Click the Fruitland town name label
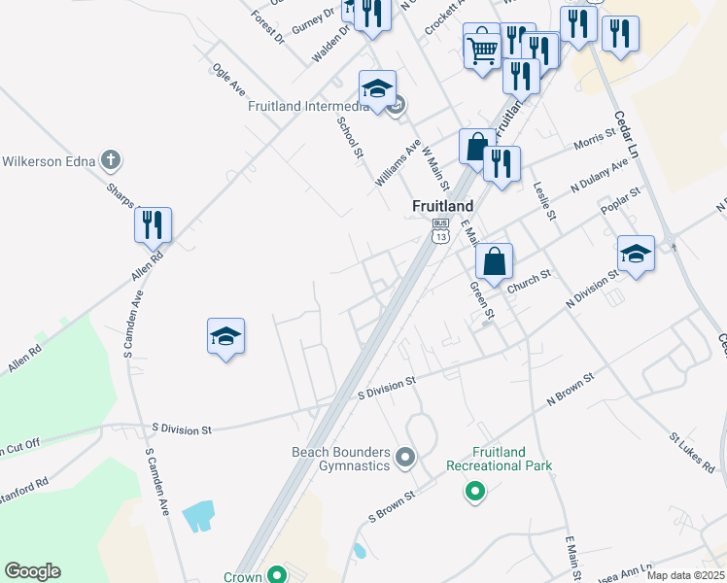click(x=442, y=206)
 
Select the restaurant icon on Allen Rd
click(x=154, y=225)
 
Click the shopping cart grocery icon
click(x=482, y=45)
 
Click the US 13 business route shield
click(x=441, y=230)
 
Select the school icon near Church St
click(x=636, y=255)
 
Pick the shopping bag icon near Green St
click(x=495, y=261)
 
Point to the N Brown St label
click(x=571, y=387)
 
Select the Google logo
click(x=32, y=571)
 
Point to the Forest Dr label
click(x=266, y=24)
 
